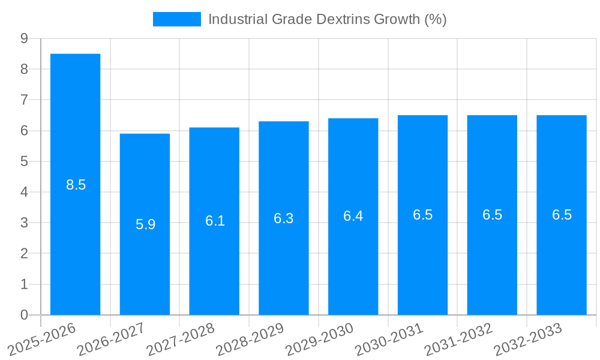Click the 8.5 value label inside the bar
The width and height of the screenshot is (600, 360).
[76, 185]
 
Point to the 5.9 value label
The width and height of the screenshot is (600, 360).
[146, 224]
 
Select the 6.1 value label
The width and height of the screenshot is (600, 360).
[215, 221]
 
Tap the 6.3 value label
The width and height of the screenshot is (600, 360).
[284, 218]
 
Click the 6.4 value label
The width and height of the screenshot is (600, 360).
[353, 216]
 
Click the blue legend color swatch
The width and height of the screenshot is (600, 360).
[177, 19]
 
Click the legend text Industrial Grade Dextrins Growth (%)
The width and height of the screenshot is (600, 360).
[327, 19]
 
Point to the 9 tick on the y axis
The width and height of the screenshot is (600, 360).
[24, 38]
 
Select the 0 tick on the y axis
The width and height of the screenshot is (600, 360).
[24, 315]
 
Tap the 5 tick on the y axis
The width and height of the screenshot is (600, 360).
[24, 161]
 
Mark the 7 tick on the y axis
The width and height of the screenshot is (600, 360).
[24, 100]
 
